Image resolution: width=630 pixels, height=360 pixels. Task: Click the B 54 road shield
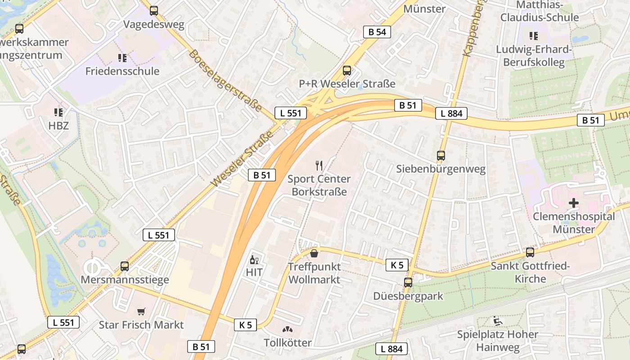[377, 31]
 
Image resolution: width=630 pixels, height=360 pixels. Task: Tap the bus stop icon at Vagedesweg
[154, 11]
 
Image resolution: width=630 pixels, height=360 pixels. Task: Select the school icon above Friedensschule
[122, 58]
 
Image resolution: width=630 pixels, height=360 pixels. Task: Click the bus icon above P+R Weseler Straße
[346, 70]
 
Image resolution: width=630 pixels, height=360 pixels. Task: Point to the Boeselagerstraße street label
[225, 81]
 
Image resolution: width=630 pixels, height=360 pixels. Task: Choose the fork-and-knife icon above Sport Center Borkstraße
[319, 166]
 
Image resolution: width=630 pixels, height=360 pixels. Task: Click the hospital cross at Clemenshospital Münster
[574, 203]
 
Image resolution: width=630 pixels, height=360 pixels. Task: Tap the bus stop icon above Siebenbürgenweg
[441, 156]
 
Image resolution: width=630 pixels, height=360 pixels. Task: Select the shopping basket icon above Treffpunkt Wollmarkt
[314, 253]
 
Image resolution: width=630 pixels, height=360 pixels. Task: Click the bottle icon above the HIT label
[254, 260]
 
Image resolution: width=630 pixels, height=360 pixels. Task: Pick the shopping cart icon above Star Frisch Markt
[141, 311]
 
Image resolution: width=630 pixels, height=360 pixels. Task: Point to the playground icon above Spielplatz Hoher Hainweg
[497, 321]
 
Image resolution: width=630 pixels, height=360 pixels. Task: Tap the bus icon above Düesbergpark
[408, 283]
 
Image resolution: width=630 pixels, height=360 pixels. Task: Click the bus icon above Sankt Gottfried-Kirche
[530, 252]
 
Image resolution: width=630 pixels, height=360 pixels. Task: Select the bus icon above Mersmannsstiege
[125, 266]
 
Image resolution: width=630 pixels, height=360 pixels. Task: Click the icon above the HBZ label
[58, 112]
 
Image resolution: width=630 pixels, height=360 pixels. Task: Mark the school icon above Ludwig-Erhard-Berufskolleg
[533, 36]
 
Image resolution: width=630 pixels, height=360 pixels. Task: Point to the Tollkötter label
[288, 342]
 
